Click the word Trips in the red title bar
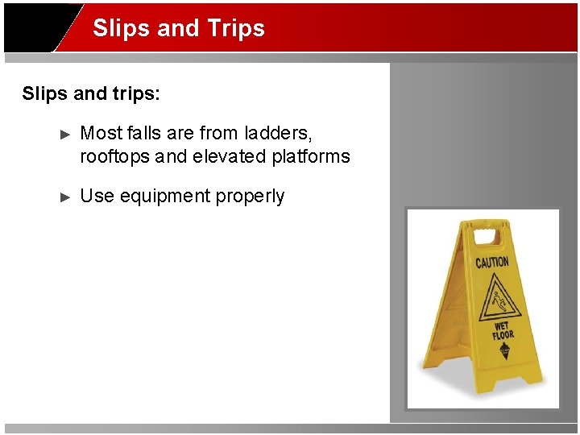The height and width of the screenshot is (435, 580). click(x=235, y=29)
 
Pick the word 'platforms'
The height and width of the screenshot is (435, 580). click(x=310, y=156)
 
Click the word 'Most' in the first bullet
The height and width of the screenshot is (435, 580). click(x=101, y=133)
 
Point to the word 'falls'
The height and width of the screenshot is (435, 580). click(x=143, y=133)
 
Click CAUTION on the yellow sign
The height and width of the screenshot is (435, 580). click(x=491, y=262)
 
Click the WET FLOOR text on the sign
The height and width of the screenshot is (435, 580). click(x=503, y=331)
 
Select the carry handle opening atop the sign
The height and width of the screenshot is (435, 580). click(x=486, y=236)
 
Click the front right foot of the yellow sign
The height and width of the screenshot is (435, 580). click(x=535, y=382)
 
